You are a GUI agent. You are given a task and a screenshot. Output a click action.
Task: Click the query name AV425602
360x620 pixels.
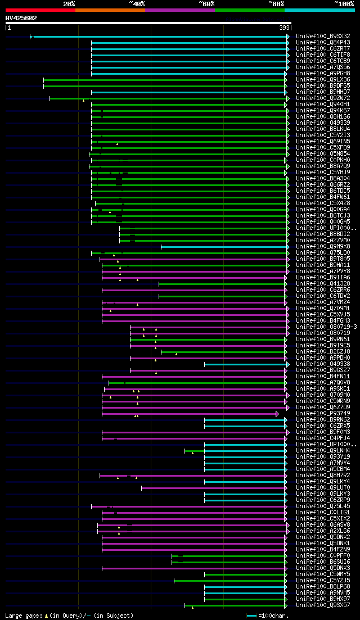[21, 18]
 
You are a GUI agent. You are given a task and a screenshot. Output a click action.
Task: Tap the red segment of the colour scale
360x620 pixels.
[40, 10]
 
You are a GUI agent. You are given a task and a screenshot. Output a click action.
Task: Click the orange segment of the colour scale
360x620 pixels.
[110, 10]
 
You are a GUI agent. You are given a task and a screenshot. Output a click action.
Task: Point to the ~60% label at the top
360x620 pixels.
[206, 3]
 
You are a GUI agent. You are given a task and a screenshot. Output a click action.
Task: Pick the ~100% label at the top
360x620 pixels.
[344, 3]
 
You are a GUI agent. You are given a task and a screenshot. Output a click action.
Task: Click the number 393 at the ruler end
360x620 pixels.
[285, 28]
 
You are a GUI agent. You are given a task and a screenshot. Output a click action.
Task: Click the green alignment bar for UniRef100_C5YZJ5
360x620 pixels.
[230, 581]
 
